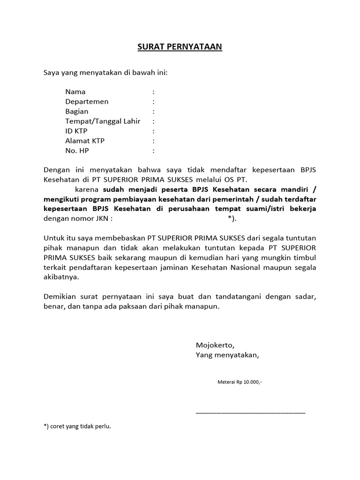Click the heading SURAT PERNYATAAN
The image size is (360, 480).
(180, 47)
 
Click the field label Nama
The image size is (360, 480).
(75, 92)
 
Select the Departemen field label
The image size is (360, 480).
(87, 102)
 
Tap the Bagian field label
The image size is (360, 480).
(77, 112)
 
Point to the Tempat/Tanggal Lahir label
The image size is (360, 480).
(103, 121)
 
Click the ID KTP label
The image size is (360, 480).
(76, 131)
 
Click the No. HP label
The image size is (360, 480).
(77, 151)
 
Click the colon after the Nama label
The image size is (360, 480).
(153, 92)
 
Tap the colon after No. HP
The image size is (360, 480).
(153, 151)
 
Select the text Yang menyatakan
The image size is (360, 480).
(227, 355)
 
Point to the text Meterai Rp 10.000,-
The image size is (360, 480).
(240, 382)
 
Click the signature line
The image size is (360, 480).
(250, 412)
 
